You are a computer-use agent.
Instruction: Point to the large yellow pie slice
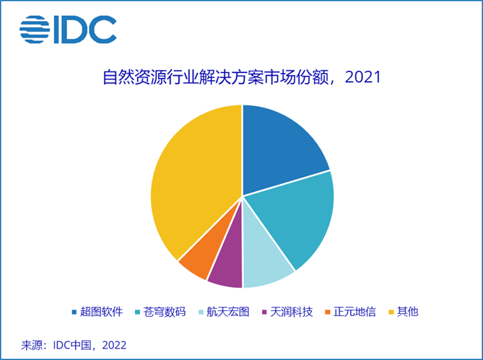click(x=191, y=180)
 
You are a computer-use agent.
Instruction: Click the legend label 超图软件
click(x=101, y=312)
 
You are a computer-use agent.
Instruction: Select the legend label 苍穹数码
click(x=165, y=312)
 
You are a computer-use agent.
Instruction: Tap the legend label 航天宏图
click(x=228, y=312)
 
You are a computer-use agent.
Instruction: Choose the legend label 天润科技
click(x=292, y=312)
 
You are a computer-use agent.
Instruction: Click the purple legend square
click(x=265, y=312)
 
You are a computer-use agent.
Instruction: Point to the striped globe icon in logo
click(x=33, y=30)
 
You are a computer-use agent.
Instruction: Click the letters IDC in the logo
click(x=83, y=30)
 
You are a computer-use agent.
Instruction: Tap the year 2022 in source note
click(x=114, y=345)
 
